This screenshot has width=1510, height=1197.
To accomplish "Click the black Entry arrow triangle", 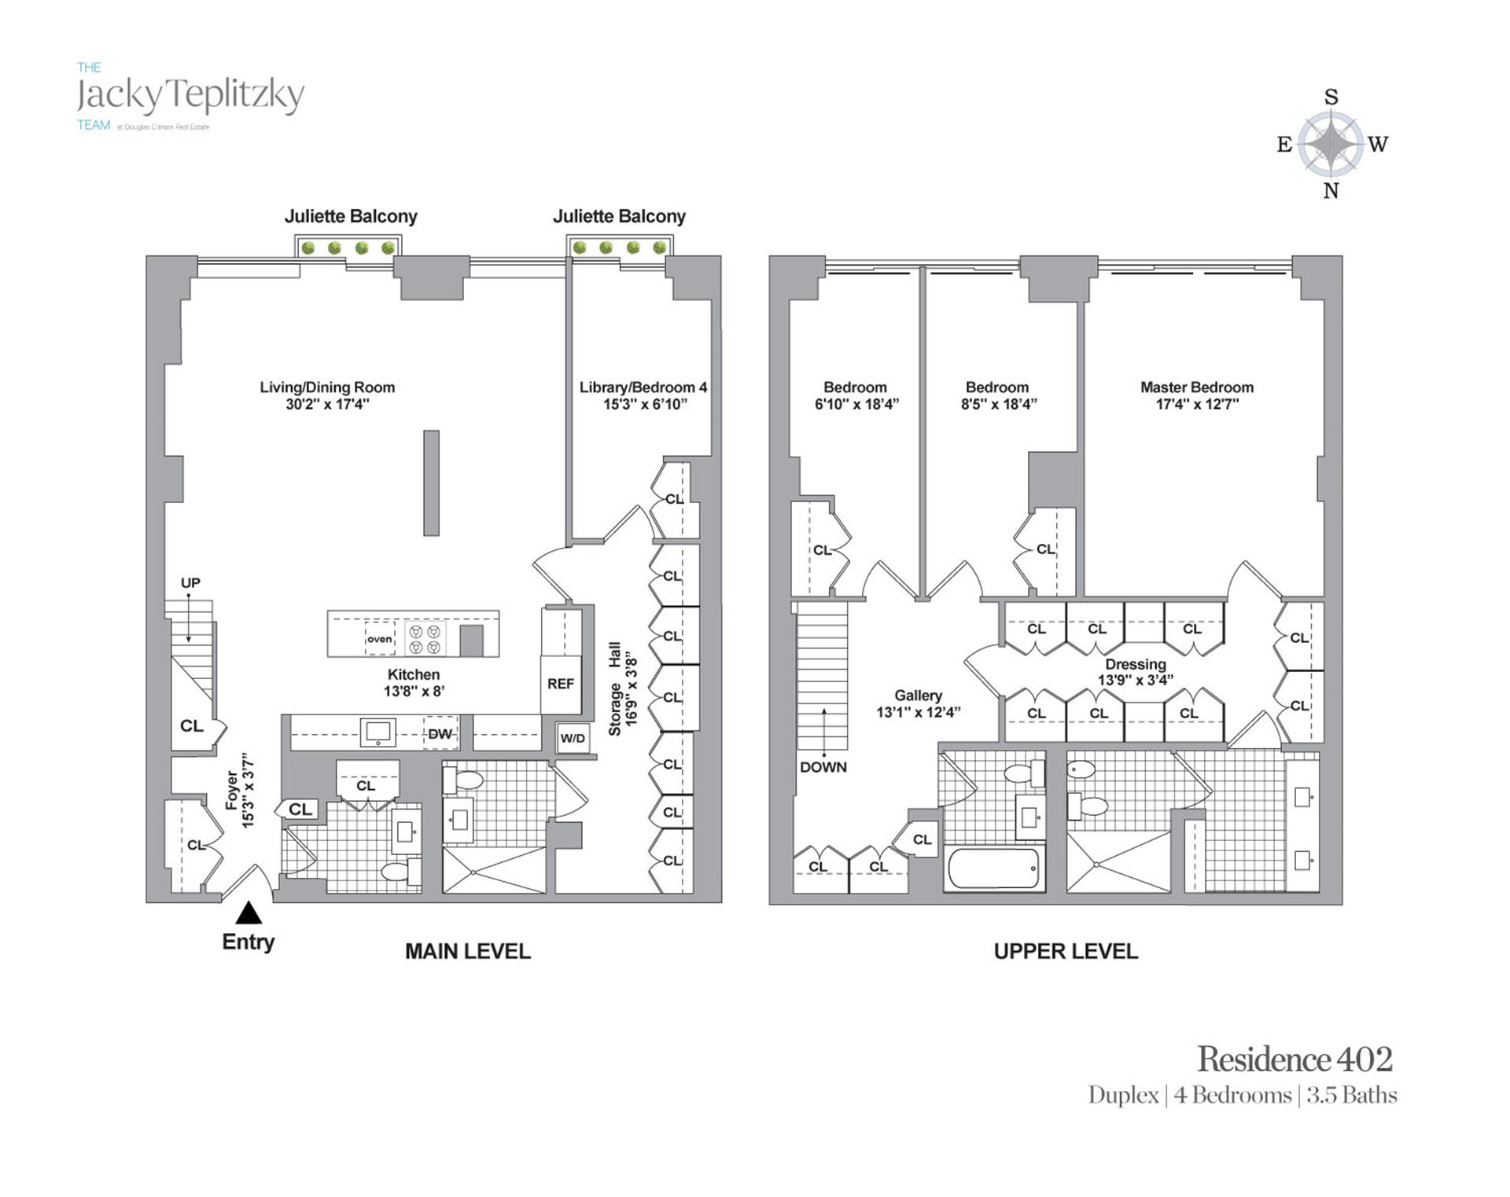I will pyautogui.click(x=249, y=912).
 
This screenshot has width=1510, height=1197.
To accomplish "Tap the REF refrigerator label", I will pyautogui.click(x=561, y=684).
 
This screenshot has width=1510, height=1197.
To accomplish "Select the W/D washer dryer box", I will pyautogui.click(x=573, y=738).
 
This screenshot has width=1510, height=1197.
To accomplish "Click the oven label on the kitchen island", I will pyautogui.click(x=379, y=639).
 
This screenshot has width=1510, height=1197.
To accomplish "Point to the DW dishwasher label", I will pyautogui.click(x=440, y=734).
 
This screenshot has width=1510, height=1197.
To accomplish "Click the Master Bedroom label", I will pyautogui.click(x=1196, y=387).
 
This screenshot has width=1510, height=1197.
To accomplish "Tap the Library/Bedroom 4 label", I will pyautogui.click(x=643, y=387).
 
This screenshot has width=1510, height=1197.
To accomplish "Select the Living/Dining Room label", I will pyautogui.click(x=327, y=387).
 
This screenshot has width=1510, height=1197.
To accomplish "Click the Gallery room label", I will pyautogui.click(x=918, y=696).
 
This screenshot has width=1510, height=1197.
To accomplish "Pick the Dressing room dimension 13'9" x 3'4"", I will pyautogui.click(x=1135, y=680).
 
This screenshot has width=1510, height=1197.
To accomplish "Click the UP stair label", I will pyautogui.click(x=190, y=583).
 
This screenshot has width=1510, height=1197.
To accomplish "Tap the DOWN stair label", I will pyautogui.click(x=823, y=767).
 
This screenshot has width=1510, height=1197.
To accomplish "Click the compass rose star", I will pyautogui.click(x=1330, y=143).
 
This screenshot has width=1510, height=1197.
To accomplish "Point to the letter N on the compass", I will pyautogui.click(x=1331, y=191).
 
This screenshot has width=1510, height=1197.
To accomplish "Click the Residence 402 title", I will pyautogui.click(x=1295, y=1059).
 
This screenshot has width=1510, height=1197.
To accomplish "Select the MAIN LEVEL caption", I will pyautogui.click(x=468, y=952).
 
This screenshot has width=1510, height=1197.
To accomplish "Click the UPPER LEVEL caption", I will pyautogui.click(x=1066, y=952).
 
